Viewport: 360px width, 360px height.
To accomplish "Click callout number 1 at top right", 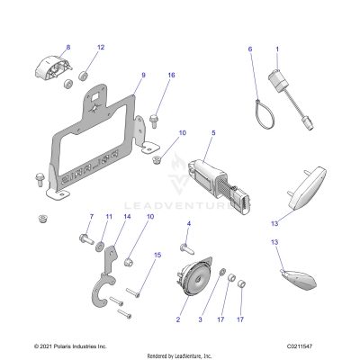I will click(277, 47).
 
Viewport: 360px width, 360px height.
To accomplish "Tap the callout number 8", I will click(67, 47).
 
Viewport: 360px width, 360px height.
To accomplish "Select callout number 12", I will click(101, 47).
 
